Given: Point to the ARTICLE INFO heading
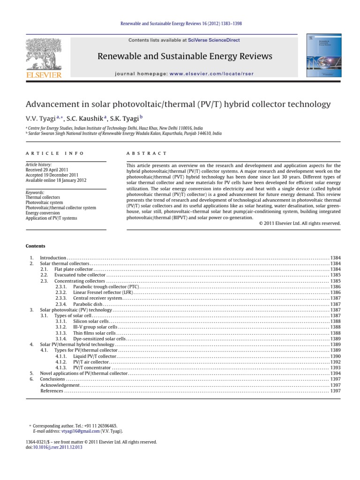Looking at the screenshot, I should tap(55, 153).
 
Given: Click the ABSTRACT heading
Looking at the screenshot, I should tap(147, 153).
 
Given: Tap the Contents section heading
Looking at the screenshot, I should tap(35, 246).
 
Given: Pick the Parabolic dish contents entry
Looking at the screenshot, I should tap(88, 304).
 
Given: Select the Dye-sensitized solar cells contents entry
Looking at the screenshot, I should tap(99, 338).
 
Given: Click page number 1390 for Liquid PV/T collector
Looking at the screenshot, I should tap(335, 356).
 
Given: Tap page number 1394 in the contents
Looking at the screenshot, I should tap(335, 374).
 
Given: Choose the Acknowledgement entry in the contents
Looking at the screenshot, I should tap(60, 385).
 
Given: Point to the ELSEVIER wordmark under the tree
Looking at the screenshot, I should tap(44, 75).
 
